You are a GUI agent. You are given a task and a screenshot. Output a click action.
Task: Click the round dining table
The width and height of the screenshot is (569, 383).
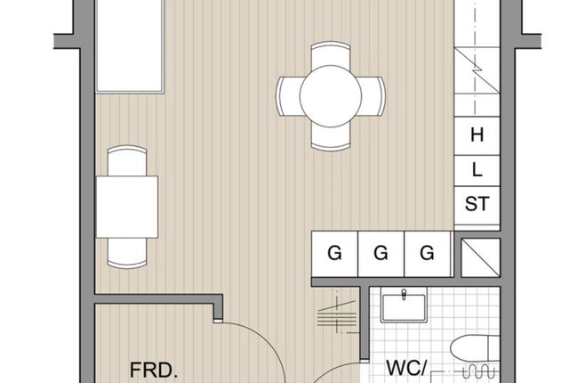coord(331,96)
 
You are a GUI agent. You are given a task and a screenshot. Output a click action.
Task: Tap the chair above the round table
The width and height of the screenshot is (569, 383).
coord(331,54)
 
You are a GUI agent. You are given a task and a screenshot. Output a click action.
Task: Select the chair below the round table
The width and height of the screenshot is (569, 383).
coord(331,137)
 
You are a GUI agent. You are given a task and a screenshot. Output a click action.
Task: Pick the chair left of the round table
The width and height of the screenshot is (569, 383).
coord(288,96)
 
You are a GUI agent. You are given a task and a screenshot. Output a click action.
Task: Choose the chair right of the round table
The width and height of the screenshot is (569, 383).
coord(373,96)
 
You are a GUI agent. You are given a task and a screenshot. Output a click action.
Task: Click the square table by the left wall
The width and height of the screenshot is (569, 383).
coord(127,208)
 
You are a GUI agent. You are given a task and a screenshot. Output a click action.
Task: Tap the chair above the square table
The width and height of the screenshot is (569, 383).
coord(127,161)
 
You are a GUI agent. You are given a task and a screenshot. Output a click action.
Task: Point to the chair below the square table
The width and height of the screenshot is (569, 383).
coord(127,253)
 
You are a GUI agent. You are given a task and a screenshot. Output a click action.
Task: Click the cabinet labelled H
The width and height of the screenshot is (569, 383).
coord(477,136)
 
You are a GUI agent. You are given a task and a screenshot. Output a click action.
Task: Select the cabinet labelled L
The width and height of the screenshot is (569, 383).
coord(477,171)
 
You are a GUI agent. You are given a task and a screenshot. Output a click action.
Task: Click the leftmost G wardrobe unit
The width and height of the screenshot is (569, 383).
coord(334,254)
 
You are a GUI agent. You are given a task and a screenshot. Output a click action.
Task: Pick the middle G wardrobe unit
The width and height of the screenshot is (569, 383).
coord(381,254)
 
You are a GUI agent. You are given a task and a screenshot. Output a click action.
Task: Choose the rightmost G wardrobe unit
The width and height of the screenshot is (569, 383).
coord(427,254)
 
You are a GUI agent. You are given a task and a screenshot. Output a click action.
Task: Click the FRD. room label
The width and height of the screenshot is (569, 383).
coord(154,371)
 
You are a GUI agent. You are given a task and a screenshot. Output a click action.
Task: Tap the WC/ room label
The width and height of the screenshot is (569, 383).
coord(406,368)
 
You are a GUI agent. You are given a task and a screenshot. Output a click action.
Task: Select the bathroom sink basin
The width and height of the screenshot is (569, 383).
coord(404,307)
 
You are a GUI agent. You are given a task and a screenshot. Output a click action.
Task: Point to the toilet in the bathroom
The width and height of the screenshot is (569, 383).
coord(475,349)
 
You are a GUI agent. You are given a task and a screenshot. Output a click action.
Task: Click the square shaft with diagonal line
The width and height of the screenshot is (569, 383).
coord(480,257)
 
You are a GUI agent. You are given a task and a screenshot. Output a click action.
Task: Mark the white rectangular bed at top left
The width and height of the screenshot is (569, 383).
coord(130,45)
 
